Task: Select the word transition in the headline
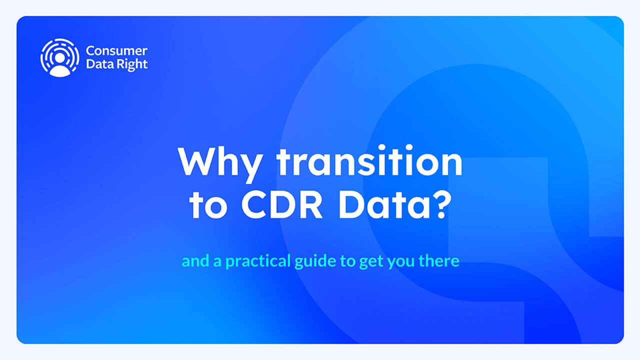[x=370, y=160]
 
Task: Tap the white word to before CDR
[x=208, y=205]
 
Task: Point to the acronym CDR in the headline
[x=282, y=205]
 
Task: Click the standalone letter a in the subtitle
[x=217, y=262]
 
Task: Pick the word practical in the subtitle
[x=258, y=261]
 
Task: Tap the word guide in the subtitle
[x=315, y=261]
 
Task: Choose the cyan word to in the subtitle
[x=347, y=261]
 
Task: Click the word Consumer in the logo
[x=116, y=51]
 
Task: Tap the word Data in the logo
[x=100, y=64]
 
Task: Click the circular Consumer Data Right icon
[x=59, y=57]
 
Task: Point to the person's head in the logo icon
[x=59, y=58]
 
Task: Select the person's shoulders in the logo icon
[x=59, y=71]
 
